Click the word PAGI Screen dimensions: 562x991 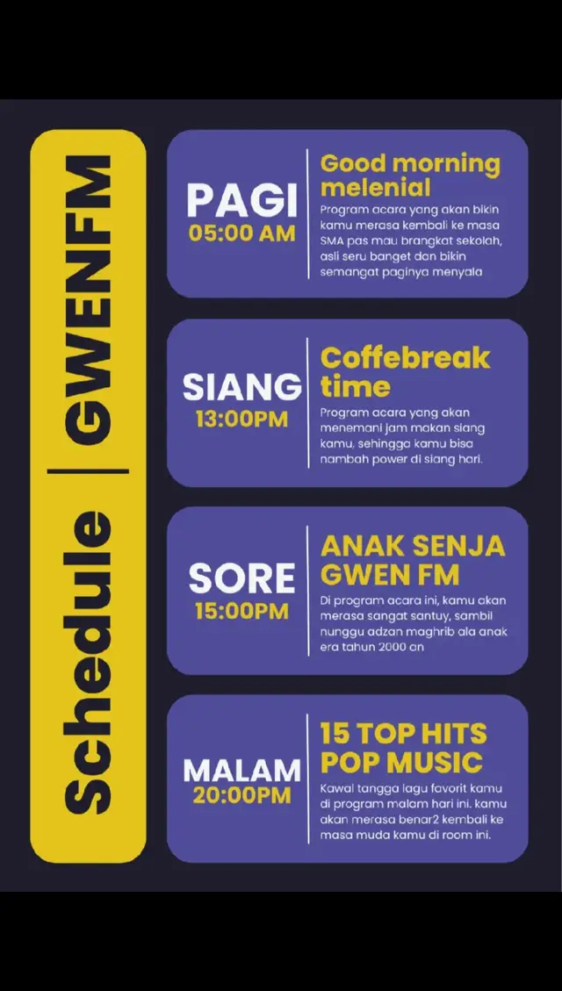tap(241, 202)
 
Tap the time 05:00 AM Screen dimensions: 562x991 tap(241, 233)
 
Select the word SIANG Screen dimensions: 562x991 tap(242, 387)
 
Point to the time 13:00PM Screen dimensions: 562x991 tap(241, 419)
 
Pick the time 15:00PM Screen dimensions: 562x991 tap(241, 611)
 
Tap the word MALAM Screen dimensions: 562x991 tap(241, 771)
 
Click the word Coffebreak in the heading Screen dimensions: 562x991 tap(405, 358)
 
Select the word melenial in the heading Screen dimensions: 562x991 tap(376, 188)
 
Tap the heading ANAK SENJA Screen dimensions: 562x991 tap(413, 546)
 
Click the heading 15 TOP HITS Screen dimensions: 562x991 tap(403, 734)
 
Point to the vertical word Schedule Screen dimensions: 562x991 tap(88, 663)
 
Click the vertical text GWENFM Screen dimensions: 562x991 tap(88, 299)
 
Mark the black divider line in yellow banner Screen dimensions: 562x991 tap(88, 470)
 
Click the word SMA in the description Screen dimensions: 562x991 tap(332, 241)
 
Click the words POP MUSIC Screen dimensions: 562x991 tap(401, 763)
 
